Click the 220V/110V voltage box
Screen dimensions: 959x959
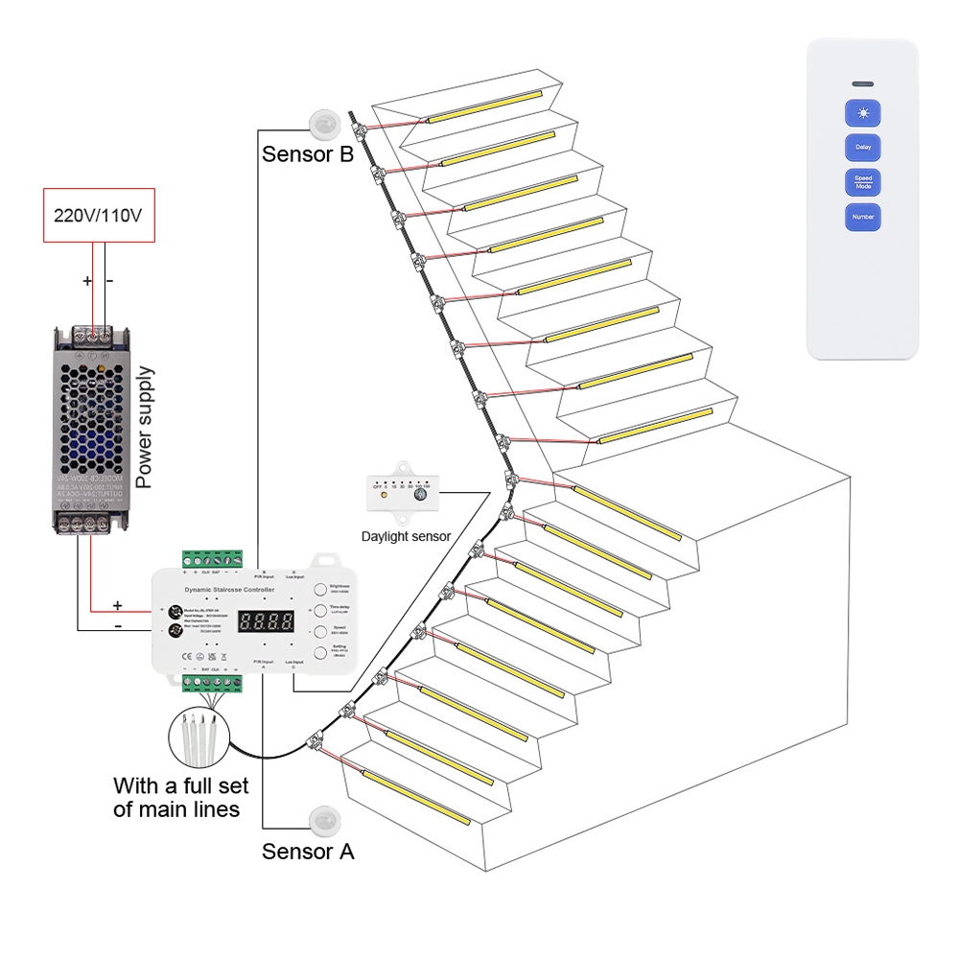(x=99, y=215)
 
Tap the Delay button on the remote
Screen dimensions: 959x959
(x=862, y=148)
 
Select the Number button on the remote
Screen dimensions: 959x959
(x=862, y=217)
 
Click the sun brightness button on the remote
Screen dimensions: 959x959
(x=862, y=114)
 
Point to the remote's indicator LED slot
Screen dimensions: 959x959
(x=862, y=83)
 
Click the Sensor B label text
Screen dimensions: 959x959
(x=308, y=154)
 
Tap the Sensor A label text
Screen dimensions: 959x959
(x=308, y=852)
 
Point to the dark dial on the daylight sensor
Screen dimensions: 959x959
(x=420, y=496)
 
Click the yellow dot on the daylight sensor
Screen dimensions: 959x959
(x=383, y=497)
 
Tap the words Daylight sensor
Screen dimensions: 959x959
(x=406, y=537)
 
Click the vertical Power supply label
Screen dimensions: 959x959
(x=145, y=427)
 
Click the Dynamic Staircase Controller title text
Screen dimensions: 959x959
(x=228, y=589)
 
